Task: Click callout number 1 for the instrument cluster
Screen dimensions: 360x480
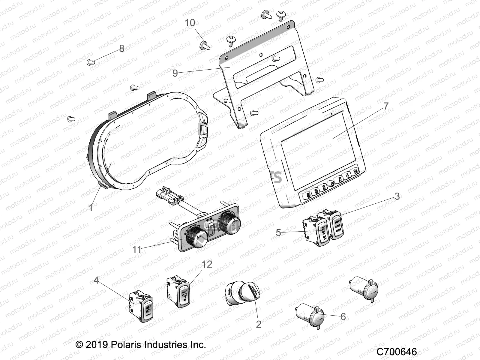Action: (91, 207)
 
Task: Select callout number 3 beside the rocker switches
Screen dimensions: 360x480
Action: (397, 196)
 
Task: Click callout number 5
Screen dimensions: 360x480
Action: (278, 232)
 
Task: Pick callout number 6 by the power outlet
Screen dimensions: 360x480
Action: (343, 316)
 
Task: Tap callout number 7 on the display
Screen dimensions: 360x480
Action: (386, 106)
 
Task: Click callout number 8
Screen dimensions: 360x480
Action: (121, 49)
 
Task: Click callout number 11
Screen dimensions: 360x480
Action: (136, 250)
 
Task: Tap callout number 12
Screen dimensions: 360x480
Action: (207, 264)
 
